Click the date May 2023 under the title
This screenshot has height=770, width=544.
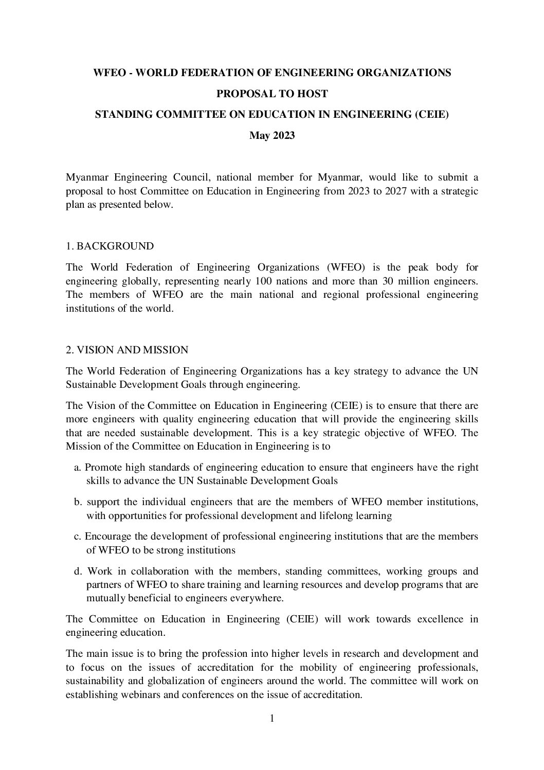pos(271,136)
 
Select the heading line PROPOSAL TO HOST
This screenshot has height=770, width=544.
pos(271,94)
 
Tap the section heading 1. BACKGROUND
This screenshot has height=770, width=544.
pos(110,246)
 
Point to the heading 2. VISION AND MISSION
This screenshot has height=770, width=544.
pos(127,350)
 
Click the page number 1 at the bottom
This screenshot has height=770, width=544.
pos(272,718)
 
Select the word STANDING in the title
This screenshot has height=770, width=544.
pos(118,115)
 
